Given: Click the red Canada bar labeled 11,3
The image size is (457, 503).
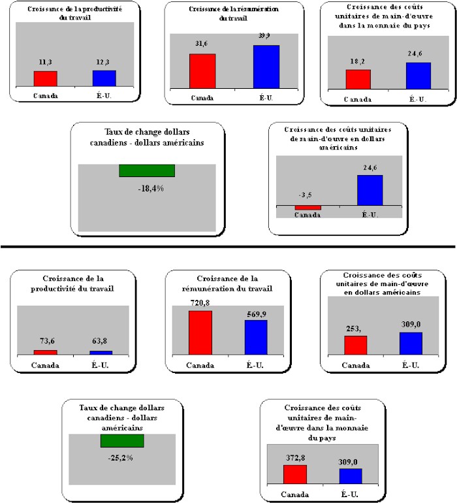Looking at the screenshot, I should point(45,78).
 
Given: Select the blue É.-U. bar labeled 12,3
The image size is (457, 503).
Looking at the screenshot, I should point(104,77).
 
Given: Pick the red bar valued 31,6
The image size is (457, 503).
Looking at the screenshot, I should point(202,70).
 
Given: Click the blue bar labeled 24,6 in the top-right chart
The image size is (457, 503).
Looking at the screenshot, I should point(418,75).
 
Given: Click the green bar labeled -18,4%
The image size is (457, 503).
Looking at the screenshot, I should point(147,170).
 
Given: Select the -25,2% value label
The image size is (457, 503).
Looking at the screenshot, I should point(121,457).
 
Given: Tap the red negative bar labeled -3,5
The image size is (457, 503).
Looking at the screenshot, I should point(307,208).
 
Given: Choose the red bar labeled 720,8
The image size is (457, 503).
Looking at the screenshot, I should point(200,333).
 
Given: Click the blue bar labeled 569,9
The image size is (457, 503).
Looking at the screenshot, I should point(256,337).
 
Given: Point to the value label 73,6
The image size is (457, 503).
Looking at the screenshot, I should point(45,342).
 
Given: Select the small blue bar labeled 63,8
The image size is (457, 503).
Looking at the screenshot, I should point(101,353).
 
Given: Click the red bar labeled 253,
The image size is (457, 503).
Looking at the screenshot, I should point(356,345).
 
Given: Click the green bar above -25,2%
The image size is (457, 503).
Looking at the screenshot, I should point(121,441).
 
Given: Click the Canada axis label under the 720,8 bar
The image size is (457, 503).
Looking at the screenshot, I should point(200,365).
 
